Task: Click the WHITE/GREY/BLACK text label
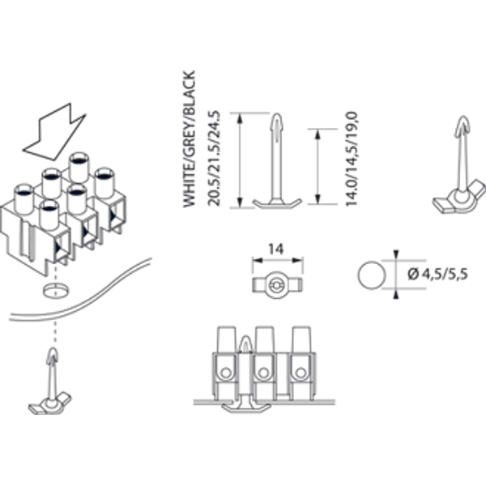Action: point(190,139)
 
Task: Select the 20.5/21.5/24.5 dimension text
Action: point(214,158)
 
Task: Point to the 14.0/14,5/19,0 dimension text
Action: point(352,159)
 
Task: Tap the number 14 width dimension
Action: point(275,249)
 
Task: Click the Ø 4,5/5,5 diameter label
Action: point(437,275)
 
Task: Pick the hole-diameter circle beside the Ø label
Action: point(372,275)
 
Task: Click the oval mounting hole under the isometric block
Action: point(56,290)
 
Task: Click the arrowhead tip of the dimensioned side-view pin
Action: point(277,114)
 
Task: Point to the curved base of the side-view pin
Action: point(277,203)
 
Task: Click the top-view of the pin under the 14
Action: point(277,285)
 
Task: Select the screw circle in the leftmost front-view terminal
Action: point(226,373)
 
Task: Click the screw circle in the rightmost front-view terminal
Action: point(300,373)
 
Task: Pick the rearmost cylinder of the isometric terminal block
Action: point(79,168)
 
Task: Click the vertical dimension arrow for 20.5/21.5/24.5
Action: point(239,160)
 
